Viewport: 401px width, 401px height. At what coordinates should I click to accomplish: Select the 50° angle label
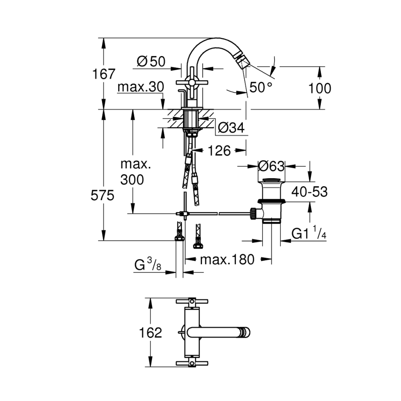[261, 87]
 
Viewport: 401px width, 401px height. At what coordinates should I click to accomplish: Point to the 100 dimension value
[320, 88]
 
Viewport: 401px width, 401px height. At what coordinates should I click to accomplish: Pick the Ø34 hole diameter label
[231, 128]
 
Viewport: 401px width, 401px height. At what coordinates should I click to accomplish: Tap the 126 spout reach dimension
[220, 151]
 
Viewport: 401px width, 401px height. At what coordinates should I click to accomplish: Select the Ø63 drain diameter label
[271, 166]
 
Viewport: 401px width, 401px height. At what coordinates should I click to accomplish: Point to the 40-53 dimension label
[310, 192]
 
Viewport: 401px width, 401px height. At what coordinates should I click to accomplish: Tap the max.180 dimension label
[227, 259]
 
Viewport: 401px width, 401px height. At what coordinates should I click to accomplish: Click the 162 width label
[150, 332]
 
